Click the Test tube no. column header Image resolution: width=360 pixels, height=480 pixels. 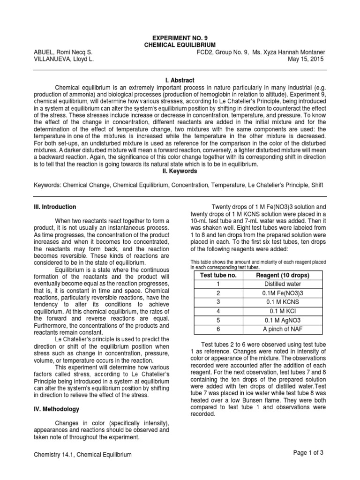(x=218, y=275)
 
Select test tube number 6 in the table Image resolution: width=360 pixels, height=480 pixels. (x=218, y=329)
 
